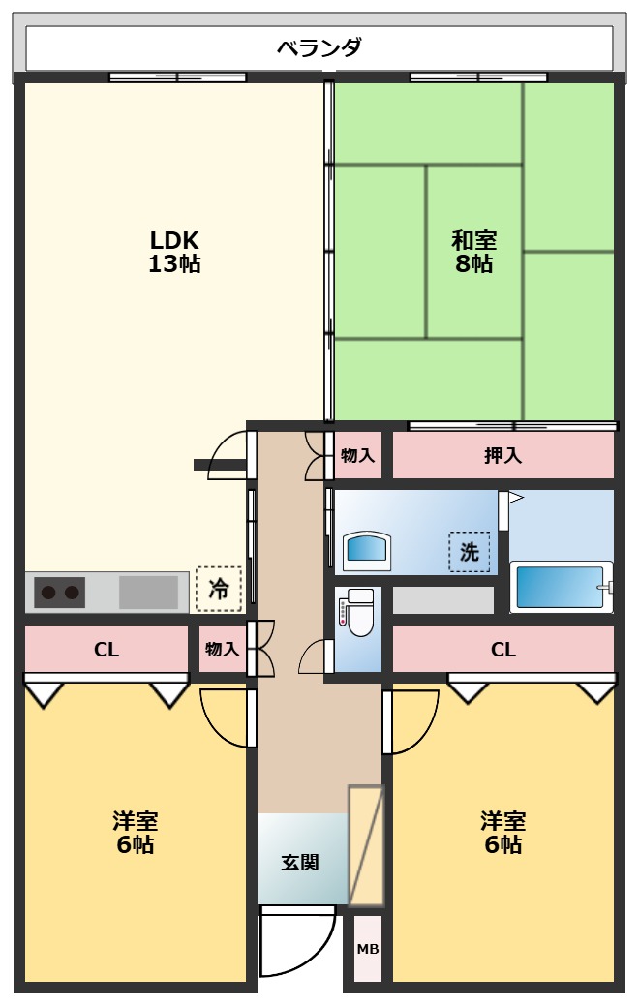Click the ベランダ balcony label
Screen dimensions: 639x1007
pyautogui.click(x=319, y=47)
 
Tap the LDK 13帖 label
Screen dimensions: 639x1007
pyautogui.click(x=174, y=252)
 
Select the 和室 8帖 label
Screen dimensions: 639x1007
pyautogui.click(x=474, y=252)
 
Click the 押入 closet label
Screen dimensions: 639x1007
pyautogui.click(x=502, y=455)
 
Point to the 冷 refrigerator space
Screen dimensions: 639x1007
pyautogui.click(x=219, y=589)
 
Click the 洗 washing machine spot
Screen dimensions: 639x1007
pyautogui.click(x=470, y=552)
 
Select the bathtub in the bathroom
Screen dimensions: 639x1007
pyautogui.click(x=561, y=587)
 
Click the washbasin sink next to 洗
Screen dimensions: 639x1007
pyautogui.click(x=366, y=550)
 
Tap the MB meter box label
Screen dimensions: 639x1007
pyautogui.click(x=368, y=949)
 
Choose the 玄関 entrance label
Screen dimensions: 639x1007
pyautogui.click(x=300, y=862)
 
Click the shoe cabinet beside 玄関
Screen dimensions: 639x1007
pyautogui.click(x=366, y=845)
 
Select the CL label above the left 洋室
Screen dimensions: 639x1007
pyautogui.click(x=106, y=650)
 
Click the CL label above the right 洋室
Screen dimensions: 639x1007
pyautogui.click(x=503, y=650)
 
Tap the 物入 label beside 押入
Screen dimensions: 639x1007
pyautogui.click(x=357, y=455)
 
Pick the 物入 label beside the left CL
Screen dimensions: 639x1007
pyautogui.click(x=223, y=650)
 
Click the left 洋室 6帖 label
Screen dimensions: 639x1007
pyautogui.click(x=135, y=833)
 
